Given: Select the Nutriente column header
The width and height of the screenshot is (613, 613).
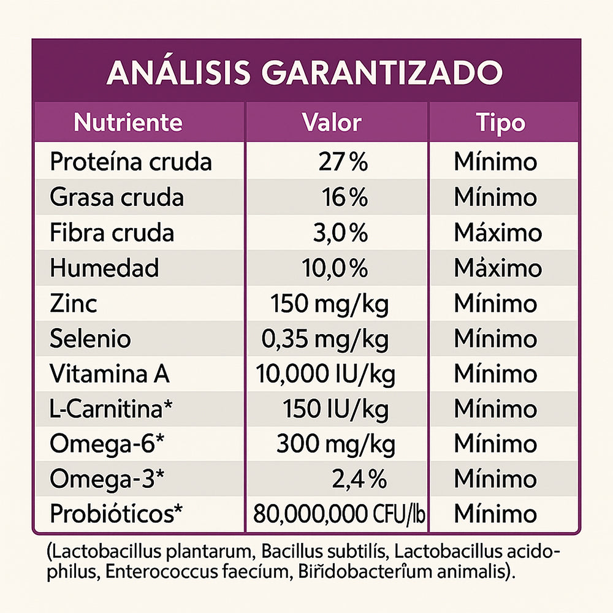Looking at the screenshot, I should coord(128,122).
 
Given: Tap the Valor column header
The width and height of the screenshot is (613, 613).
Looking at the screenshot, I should coord(332,122).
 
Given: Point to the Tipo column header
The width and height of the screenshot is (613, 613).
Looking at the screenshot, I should coord(501,122).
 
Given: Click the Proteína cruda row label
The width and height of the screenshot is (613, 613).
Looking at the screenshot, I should coord(131,162).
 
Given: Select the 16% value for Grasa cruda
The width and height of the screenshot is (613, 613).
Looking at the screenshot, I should coord(345,197).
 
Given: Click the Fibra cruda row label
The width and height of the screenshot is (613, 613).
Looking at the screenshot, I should coord(112,233).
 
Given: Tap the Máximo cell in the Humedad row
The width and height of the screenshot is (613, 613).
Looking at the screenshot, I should coord(498,268).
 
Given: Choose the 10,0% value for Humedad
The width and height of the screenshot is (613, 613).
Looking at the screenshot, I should coord(335,268).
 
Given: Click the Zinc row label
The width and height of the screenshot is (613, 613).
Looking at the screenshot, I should coord(73,303).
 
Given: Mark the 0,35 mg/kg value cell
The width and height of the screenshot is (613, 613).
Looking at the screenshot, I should coord(325,338).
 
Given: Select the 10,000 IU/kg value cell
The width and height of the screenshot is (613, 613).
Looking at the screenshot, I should coord(325,373).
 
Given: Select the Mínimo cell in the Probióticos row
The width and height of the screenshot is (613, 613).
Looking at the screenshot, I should coord(495,514).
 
